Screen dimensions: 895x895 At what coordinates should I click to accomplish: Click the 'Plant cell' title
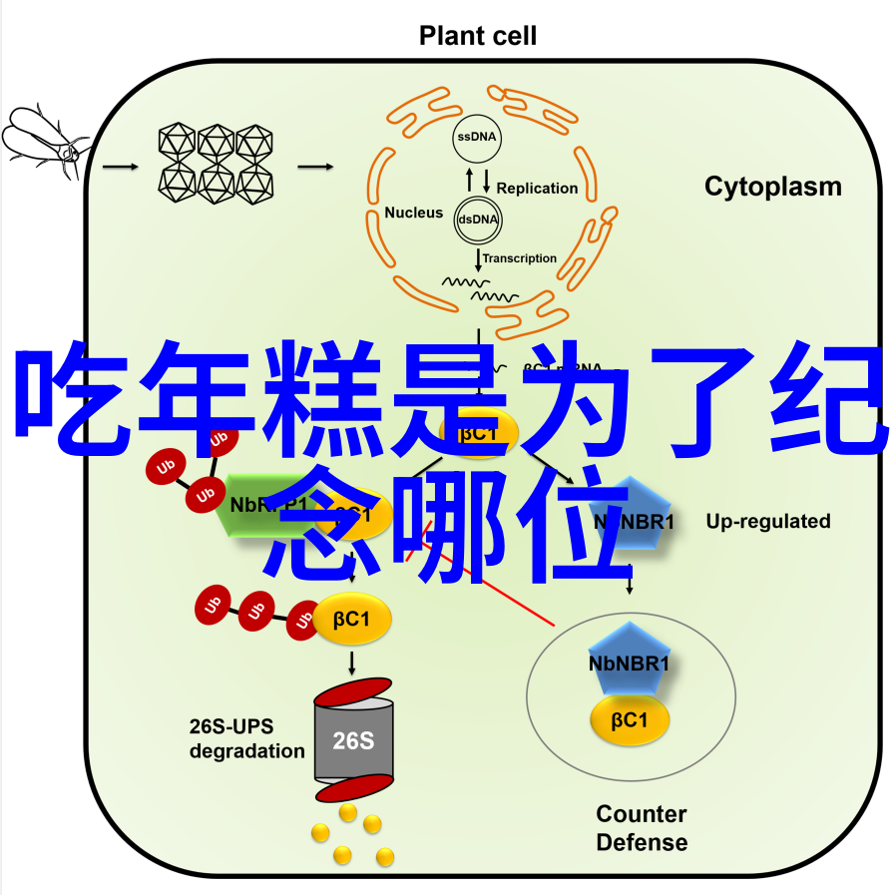pos(477,37)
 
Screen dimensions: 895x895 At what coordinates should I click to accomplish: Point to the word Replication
pos(537,188)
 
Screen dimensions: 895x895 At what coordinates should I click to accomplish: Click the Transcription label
pos(520,258)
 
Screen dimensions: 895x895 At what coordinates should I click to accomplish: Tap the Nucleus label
pos(413,213)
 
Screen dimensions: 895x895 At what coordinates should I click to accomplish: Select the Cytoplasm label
pos(772,187)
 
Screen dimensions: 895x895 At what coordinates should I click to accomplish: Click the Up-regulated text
pos(768,521)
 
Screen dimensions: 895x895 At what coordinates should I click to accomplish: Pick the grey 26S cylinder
pos(352,741)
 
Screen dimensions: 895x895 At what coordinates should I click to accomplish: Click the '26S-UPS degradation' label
pos(246,737)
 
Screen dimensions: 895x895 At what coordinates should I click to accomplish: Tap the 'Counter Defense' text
pos(642,828)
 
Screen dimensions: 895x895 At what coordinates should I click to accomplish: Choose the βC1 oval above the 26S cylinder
pos(352,619)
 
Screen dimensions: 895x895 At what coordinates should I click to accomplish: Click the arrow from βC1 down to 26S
pos(352,663)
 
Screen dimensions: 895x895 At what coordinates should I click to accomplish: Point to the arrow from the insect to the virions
pos(120,166)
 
